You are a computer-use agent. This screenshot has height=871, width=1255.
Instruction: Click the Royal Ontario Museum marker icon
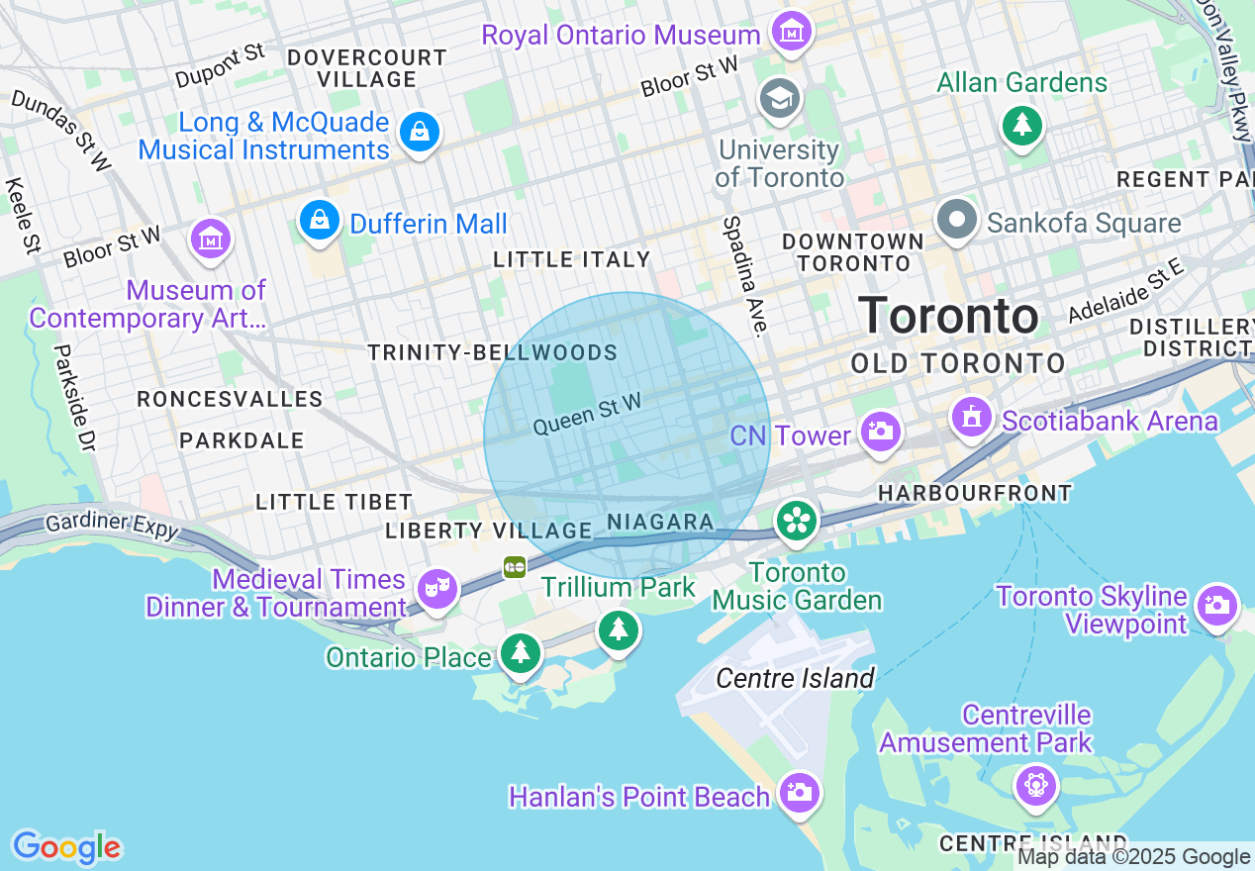[x=791, y=33]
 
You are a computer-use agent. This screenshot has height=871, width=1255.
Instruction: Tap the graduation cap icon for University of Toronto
[x=780, y=98]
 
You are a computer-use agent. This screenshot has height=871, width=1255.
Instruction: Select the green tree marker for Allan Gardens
[x=1022, y=125]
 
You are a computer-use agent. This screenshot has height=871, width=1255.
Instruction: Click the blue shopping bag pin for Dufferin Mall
[x=320, y=221]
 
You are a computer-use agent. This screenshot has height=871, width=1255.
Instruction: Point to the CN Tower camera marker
[x=879, y=432]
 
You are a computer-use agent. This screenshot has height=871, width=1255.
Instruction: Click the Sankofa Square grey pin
[x=957, y=220]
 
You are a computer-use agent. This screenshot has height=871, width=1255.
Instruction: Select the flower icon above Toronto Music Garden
[x=796, y=522]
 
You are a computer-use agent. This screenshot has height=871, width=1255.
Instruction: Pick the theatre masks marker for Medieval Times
[x=436, y=589]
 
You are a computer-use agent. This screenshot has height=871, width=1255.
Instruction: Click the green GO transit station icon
[x=515, y=566]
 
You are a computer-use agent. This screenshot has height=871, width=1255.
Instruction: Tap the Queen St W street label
[x=587, y=414]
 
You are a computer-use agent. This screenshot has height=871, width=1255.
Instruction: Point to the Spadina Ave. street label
[x=745, y=276]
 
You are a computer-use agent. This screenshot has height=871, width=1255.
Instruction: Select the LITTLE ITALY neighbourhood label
[x=572, y=259]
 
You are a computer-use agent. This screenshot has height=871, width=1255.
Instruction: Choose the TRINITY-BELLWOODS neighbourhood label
[x=492, y=352]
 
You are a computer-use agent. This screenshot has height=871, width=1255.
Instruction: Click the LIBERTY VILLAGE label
[x=488, y=531]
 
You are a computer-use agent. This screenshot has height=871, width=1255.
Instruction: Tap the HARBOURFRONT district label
[x=975, y=492]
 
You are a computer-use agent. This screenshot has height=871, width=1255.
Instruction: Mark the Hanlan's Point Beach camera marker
[x=798, y=792]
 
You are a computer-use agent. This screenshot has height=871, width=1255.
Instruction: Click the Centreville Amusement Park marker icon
[x=1036, y=786]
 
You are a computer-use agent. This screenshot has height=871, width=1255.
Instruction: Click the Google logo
[x=66, y=847]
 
